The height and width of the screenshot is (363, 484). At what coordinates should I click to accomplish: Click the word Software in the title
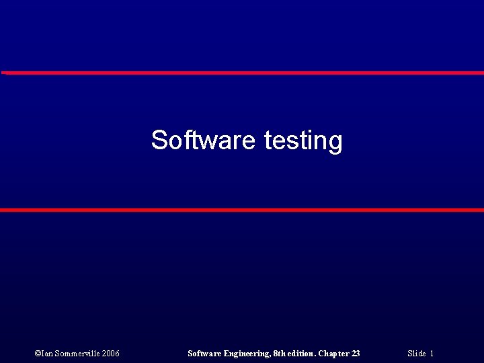(x=203, y=140)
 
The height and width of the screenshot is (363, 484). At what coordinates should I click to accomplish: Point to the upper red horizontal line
(x=242, y=73)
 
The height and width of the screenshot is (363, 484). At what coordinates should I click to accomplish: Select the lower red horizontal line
(x=242, y=210)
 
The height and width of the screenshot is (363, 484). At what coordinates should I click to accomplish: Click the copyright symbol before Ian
(x=37, y=354)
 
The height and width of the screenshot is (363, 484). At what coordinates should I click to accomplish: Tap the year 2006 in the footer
(x=110, y=354)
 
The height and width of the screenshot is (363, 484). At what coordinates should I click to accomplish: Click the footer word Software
(x=204, y=354)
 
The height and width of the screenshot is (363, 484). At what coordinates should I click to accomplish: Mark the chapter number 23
(x=356, y=354)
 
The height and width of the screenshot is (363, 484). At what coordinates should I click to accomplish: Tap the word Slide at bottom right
(x=416, y=354)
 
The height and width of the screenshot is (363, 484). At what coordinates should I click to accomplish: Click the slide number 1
(x=432, y=354)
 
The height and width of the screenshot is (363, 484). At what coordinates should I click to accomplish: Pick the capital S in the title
(x=159, y=140)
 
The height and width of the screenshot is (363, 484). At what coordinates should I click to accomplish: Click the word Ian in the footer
(x=47, y=354)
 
